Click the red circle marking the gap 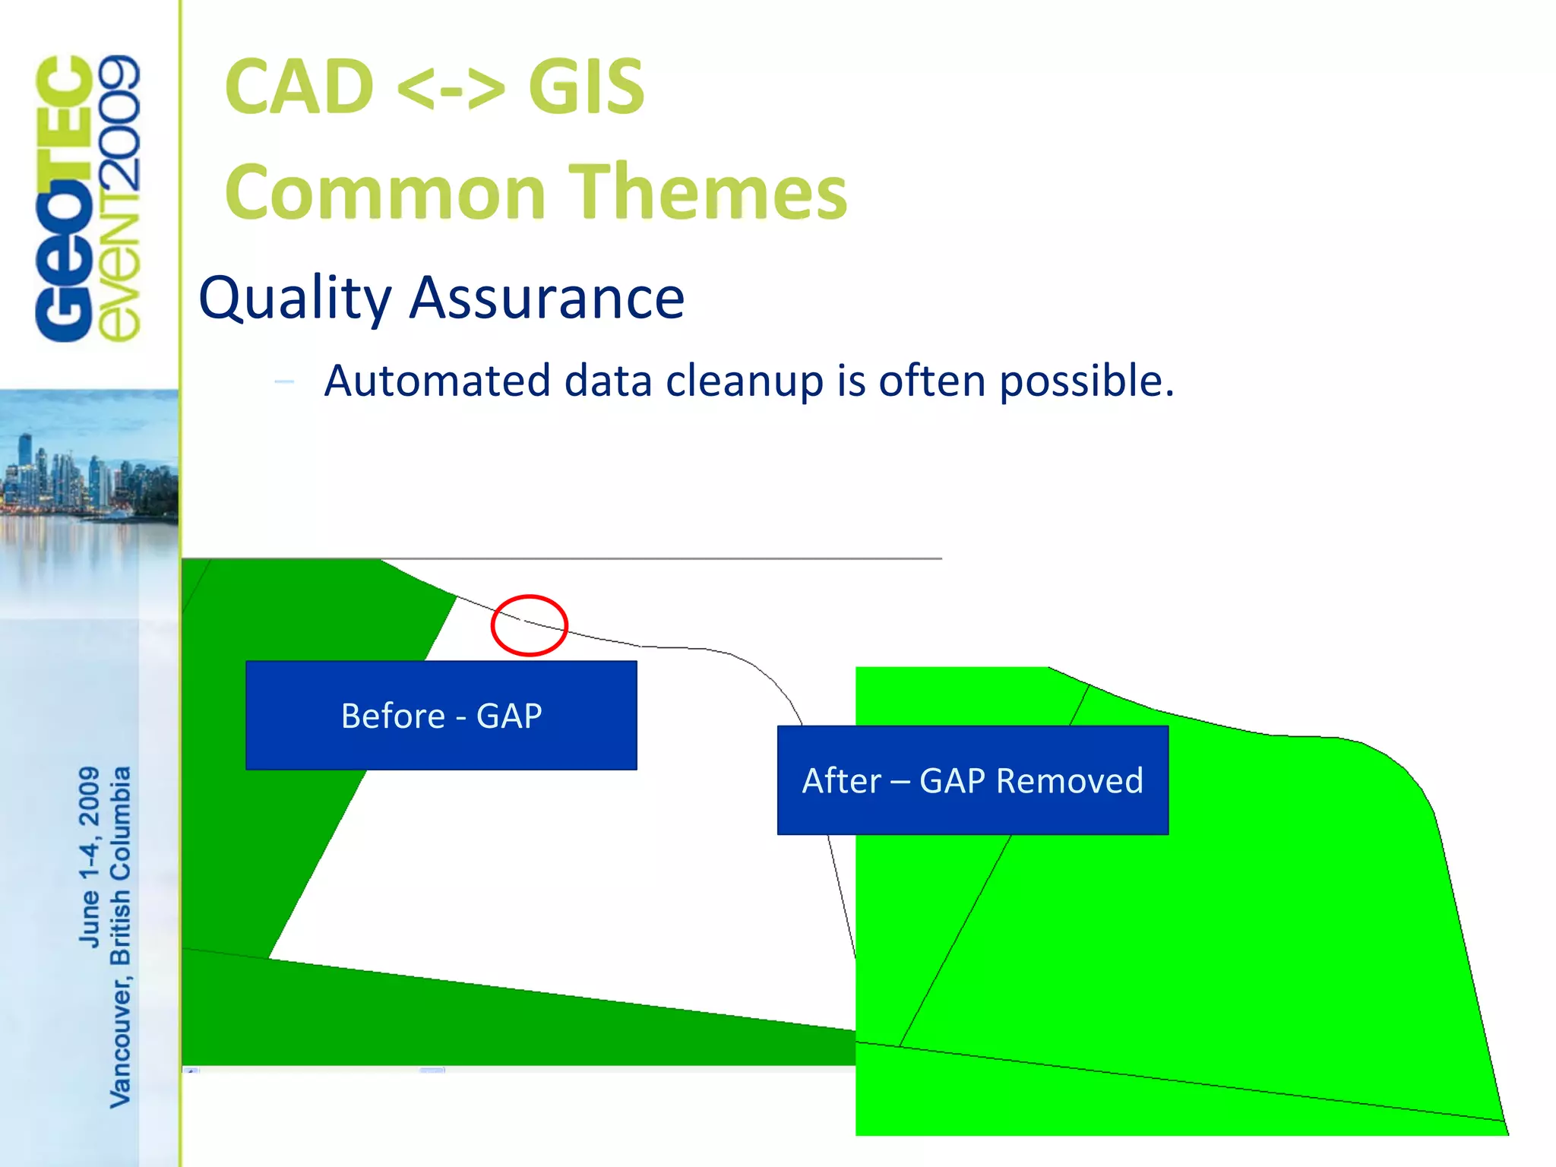[530, 625]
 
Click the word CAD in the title [299, 88]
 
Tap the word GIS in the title [586, 88]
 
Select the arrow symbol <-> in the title [450, 90]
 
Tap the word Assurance [547, 298]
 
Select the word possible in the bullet [1086, 381]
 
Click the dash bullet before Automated [284, 381]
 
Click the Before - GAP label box [441, 715]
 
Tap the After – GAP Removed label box [972, 780]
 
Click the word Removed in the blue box [1069, 780]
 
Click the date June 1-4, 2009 [90, 856]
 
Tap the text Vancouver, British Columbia [121, 936]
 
